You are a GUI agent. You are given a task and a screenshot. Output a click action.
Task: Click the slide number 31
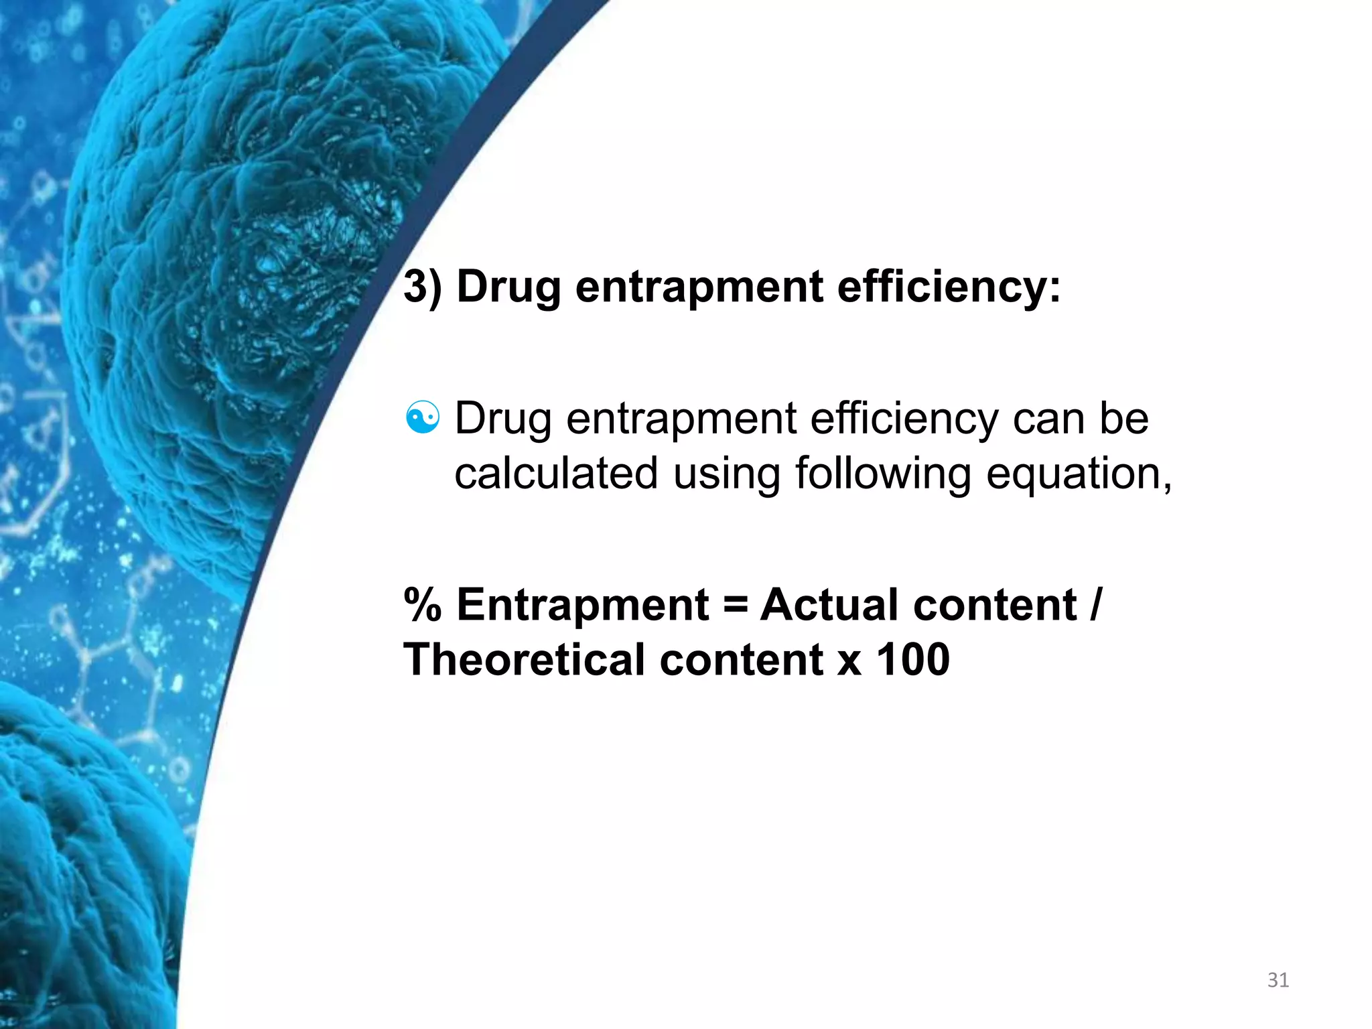[1278, 980]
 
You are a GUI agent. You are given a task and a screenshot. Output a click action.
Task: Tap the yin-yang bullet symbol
[423, 419]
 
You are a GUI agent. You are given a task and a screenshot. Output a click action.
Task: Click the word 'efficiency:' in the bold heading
[949, 287]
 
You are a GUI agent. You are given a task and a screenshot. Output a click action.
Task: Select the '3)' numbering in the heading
[423, 287]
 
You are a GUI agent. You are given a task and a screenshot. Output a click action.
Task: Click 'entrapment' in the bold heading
[699, 287]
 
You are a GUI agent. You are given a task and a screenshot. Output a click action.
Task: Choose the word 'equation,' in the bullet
[1079, 474]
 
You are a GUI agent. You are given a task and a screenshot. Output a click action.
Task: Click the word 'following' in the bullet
[883, 474]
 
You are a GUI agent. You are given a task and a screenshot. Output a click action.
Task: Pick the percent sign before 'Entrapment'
[423, 605]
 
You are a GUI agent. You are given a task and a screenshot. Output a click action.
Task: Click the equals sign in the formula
[735, 605]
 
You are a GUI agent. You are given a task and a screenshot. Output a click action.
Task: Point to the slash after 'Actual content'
[1095, 605]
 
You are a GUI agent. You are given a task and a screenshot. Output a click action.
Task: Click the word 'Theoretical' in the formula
[524, 660]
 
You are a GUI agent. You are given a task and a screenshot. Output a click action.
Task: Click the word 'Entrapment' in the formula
[583, 605]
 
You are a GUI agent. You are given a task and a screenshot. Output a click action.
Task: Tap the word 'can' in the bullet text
[1050, 419]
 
